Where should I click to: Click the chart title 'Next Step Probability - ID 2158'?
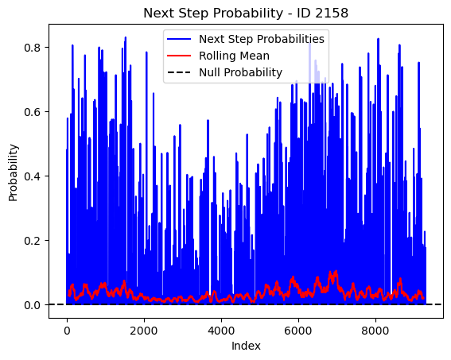[246, 14]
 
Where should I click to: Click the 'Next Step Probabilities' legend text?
[262, 39]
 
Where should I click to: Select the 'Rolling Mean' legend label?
[234, 56]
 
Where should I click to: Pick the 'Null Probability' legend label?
[240, 72]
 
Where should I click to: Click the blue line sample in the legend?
[179, 39]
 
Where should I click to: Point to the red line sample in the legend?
[179, 56]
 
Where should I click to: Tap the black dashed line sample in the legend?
[179, 72]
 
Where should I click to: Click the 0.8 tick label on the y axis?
[32, 48]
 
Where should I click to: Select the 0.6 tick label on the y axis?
[32, 112]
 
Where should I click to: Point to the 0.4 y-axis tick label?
[32, 176]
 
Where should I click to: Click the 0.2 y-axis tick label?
[32, 241]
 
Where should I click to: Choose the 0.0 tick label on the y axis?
[32, 305]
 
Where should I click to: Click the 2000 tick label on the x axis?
[144, 331]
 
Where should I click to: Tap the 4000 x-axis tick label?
[221, 331]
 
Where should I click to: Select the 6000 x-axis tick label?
[298, 331]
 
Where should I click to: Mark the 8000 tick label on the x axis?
[375, 331]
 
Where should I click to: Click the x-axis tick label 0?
[67, 331]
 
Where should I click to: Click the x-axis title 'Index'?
[246, 346]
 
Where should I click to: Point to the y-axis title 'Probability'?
[14, 172]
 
